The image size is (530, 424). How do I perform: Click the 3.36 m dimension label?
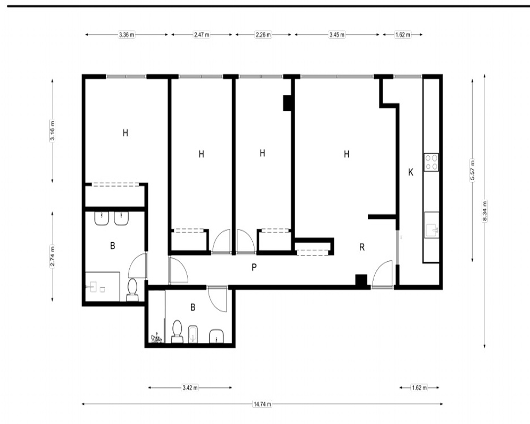tap(127, 34)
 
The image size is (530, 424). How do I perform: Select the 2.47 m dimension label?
tap(201, 34)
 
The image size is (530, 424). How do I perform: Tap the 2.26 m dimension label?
tap(263, 34)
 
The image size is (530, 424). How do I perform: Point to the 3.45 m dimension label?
tap(337, 34)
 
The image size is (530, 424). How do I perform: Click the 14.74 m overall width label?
tap(262, 404)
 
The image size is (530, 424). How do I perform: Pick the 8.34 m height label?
tap(485, 211)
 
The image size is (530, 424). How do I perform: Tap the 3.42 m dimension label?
tap(190, 387)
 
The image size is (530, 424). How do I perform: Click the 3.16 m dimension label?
tap(52, 130)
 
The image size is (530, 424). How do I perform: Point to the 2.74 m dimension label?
tap(52, 256)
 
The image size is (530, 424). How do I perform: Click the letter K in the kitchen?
tap(411, 172)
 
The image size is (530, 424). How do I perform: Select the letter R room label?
tap(361, 247)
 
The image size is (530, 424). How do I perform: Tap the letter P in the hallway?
tap(254, 268)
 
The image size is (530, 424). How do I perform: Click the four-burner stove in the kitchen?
tap(431, 162)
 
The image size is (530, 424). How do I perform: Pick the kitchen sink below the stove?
tap(431, 225)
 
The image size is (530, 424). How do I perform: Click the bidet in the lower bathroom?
tap(193, 334)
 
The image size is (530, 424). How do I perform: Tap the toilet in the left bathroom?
tap(132, 290)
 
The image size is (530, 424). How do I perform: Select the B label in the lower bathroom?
tap(193, 307)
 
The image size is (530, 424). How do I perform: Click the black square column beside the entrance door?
tap(361, 280)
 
